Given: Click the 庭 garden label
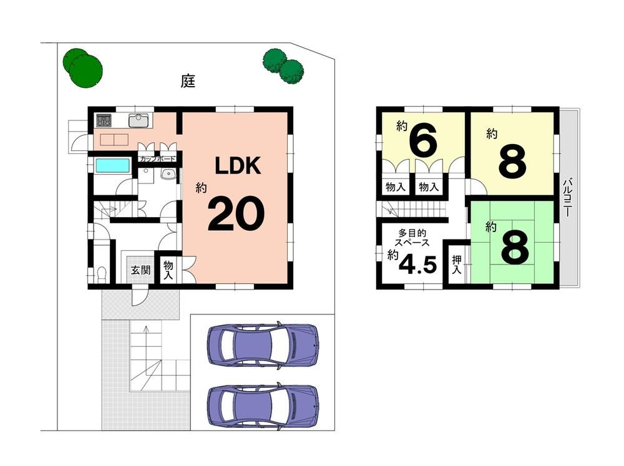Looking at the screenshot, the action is point(188,81).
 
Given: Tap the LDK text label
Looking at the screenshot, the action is point(238,165).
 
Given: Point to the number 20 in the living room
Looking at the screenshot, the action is point(236,213).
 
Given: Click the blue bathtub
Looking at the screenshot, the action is point(113,165).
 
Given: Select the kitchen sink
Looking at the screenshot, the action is point(139,120).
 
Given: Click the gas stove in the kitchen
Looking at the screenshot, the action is point(104,120).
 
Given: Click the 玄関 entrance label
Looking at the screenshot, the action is point(140,270).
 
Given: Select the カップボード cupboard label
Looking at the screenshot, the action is point(157,159).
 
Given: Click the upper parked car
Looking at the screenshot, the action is point(263,344).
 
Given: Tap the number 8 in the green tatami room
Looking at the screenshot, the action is point(515,247).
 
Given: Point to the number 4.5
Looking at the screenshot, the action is point(417,263).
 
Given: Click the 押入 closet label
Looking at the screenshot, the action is point(457,265).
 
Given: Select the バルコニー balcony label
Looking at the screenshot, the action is point(568,197).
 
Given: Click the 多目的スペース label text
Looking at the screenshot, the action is point(412,238).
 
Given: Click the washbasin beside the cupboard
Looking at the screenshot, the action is point(168,174).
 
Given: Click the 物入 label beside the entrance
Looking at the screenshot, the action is point(168,270).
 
